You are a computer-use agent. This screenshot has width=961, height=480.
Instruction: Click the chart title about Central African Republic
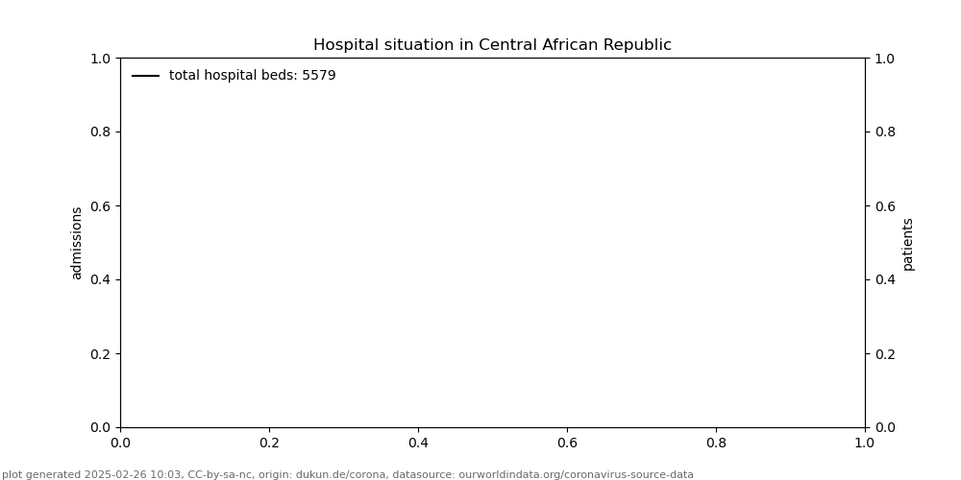[x=492, y=45]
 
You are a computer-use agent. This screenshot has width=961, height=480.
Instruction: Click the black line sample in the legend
[x=146, y=76]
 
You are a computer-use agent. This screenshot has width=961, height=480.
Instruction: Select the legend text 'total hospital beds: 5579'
[x=252, y=76]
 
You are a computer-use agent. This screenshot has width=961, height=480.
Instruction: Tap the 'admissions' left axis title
[x=77, y=243]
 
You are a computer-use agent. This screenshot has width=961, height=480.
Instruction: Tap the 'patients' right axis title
[x=908, y=243]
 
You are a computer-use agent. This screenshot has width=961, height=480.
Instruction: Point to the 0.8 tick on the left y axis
[x=101, y=132]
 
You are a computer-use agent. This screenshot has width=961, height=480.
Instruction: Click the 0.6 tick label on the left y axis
[x=101, y=205]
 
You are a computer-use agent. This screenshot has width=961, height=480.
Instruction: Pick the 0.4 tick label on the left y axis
[x=101, y=279]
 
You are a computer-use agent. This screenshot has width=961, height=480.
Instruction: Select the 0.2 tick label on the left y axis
[x=101, y=353]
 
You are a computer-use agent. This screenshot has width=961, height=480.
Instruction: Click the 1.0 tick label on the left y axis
[x=101, y=59]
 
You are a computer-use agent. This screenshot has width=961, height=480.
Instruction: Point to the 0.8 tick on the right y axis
[x=884, y=132]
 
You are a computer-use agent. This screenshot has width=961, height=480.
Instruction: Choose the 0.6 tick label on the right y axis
[x=884, y=205]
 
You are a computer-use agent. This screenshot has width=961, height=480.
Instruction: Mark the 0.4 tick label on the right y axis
[x=884, y=279]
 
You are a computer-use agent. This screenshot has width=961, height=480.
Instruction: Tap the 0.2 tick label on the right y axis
[x=884, y=353]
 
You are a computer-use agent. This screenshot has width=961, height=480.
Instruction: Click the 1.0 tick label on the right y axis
[x=884, y=59]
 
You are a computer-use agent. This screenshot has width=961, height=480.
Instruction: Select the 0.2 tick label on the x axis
[x=269, y=443]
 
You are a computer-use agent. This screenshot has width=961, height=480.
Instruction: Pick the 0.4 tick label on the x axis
[x=418, y=443]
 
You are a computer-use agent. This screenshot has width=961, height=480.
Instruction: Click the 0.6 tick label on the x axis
[x=567, y=443]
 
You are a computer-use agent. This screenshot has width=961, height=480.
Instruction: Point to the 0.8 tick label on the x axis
[x=716, y=443]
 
